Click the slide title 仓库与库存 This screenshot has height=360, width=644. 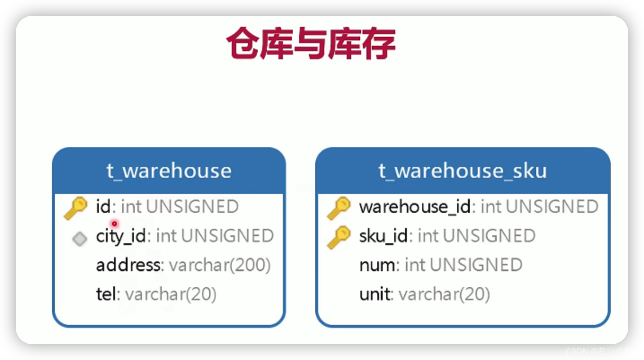[x=311, y=44]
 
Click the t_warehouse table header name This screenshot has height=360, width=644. [x=169, y=171]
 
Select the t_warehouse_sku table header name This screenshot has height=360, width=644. [x=463, y=171]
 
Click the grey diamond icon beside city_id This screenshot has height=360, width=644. [x=79, y=239]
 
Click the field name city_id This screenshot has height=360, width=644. [x=121, y=236]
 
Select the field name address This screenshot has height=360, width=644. [x=128, y=265]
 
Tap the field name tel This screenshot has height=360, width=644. [x=106, y=294]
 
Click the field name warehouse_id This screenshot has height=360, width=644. [x=415, y=207]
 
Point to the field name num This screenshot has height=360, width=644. [x=378, y=265]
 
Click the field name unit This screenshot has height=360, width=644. [x=375, y=294]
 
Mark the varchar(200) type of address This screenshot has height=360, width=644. [x=220, y=265]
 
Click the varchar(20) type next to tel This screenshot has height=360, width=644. [x=171, y=294]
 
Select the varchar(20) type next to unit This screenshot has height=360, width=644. [x=444, y=294]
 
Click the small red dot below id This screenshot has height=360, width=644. [x=115, y=224]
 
